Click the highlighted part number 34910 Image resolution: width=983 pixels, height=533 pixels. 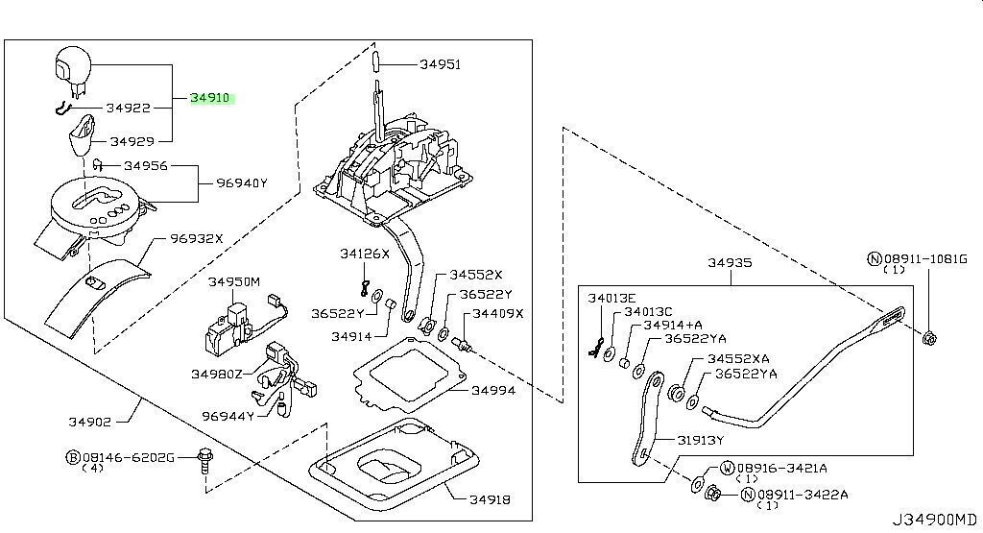(x=210, y=98)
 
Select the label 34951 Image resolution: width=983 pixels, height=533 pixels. (x=440, y=65)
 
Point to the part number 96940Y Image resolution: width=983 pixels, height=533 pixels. (x=241, y=183)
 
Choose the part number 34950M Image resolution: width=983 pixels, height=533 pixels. (x=234, y=282)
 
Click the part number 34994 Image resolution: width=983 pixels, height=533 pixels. (x=492, y=391)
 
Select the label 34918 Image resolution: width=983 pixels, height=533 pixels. (x=490, y=499)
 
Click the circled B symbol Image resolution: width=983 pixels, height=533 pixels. (x=72, y=458)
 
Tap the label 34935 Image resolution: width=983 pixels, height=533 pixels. (x=731, y=262)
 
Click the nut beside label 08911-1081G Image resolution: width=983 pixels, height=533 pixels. (x=930, y=337)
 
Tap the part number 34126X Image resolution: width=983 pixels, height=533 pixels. (x=364, y=254)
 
